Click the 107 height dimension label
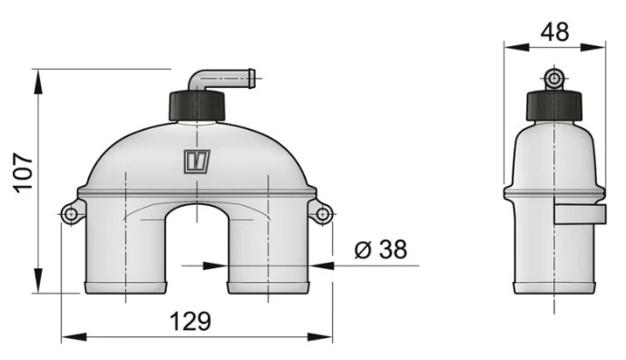coord(23,172)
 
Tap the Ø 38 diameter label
coord(381,249)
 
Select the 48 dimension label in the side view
coord(554,32)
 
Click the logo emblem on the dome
coord(197,161)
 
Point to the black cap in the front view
coord(197,106)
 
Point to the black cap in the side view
coord(554,106)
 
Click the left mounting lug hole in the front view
coord(71,214)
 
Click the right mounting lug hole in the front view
coord(323,215)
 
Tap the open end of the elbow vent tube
coord(253,78)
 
